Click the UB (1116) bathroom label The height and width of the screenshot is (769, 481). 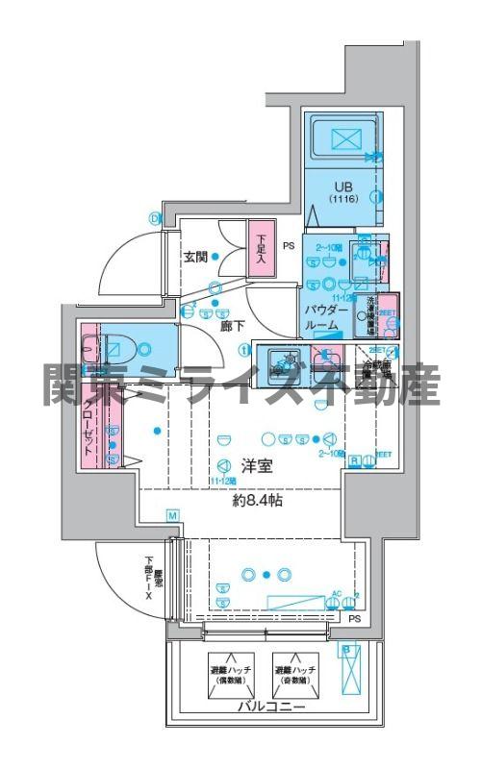[x=342, y=191]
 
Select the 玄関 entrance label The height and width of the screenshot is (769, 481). [x=196, y=257]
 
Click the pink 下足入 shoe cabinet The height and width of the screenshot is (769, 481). [x=260, y=253]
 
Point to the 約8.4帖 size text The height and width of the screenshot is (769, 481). [x=255, y=501]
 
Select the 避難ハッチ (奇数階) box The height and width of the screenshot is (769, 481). [x=295, y=675]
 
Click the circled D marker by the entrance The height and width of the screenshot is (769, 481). [x=153, y=217]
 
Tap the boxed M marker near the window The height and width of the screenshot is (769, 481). [x=172, y=516]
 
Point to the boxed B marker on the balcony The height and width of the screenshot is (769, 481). [x=346, y=650]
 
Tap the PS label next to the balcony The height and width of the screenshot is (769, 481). [x=356, y=619]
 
